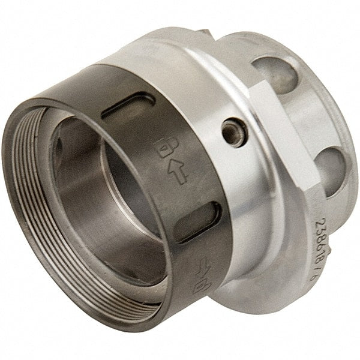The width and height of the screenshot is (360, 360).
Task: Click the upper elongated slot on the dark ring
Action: [x=128, y=106]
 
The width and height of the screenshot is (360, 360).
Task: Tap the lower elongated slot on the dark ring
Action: [x=199, y=221]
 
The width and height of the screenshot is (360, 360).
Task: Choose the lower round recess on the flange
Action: [x=331, y=169]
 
